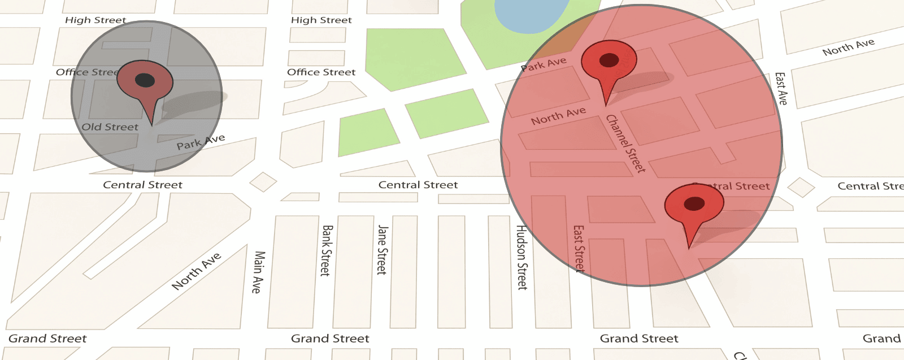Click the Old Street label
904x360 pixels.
tap(110, 127)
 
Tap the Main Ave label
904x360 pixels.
tap(258, 272)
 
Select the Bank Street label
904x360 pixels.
tap(326, 250)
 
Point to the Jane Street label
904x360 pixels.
tap(382, 249)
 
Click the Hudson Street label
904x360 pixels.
tap(521, 257)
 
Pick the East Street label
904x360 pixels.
tap(579, 249)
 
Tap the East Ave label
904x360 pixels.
tap(780, 88)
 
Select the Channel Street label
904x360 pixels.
tap(625, 144)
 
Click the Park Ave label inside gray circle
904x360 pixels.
tap(201, 142)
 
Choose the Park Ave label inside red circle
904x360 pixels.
tap(544, 64)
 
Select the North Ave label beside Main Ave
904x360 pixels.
tap(196, 271)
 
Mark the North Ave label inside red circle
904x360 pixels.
tap(558, 116)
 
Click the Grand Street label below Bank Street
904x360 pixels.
tap(330, 339)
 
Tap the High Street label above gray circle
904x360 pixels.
tap(95, 20)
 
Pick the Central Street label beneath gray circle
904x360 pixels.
tap(142, 185)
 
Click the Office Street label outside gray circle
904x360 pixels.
tap(321, 72)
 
